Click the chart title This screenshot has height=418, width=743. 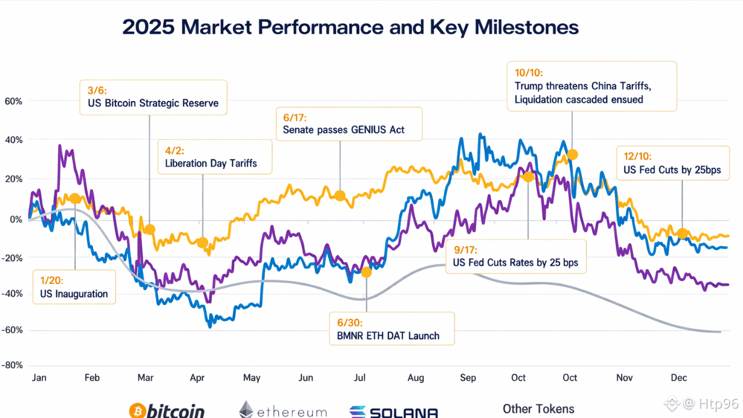click(351, 27)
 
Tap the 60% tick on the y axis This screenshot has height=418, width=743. click(13, 101)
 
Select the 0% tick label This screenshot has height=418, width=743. click(15, 219)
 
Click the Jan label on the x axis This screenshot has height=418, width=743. click(39, 378)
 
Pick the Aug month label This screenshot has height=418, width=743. click(416, 378)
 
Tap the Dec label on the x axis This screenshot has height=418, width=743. click(679, 378)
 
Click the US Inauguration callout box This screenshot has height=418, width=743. click(74, 287)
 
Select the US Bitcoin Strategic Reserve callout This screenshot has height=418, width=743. click(153, 97)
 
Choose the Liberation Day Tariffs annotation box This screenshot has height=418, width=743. click(215, 157)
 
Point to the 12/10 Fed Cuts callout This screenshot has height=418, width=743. click(673, 163)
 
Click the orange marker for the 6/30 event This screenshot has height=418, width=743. click(366, 272)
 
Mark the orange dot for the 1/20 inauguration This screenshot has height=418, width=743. click(75, 199)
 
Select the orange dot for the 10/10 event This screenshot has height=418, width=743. click(572, 154)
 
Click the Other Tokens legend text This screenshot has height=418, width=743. click(538, 409)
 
